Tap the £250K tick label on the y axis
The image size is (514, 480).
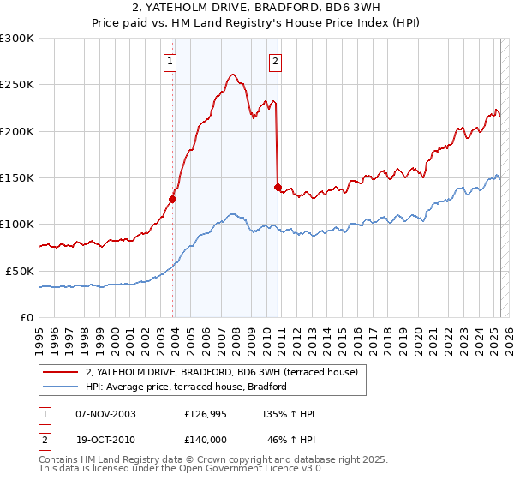point(17,85)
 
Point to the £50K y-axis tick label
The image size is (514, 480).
point(20,271)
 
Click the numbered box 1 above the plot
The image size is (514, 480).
point(171,61)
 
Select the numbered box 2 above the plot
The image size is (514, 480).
point(275,61)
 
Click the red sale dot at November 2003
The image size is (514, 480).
point(173,199)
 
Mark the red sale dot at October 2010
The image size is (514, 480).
point(278,187)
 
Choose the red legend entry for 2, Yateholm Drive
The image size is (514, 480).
point(227,372)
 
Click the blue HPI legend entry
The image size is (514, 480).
point(186,387)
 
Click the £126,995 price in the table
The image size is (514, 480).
point(205,414)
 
